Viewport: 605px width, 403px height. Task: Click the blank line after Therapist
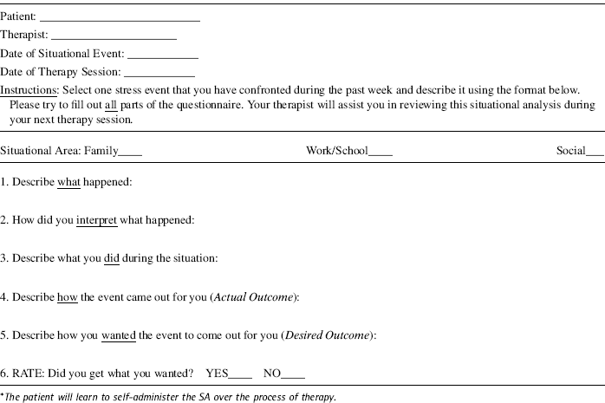coord(114,36)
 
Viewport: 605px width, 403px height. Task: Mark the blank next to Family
coord(130,152)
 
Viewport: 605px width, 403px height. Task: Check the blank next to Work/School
coord(381,152)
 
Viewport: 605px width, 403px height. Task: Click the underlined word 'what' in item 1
coord(68,183)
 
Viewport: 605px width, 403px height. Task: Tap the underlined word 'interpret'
coord(96,220)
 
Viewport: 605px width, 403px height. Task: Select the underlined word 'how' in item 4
coord(68,297)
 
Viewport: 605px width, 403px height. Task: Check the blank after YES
coord(240,374)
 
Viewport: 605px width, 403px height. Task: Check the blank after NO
coord(294,374)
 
